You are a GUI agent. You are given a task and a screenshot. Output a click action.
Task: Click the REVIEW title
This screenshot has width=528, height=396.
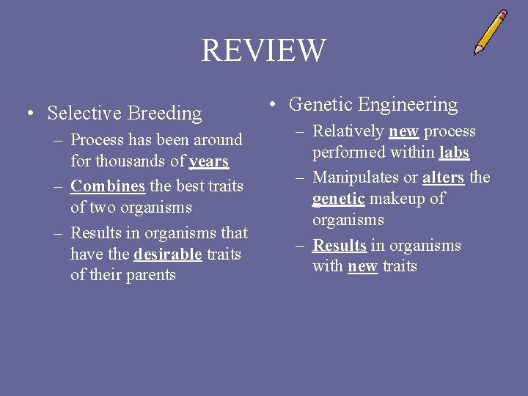[x=263, y=51]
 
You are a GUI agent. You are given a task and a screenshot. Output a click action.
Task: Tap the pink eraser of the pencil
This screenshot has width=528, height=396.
[x=502, y=14]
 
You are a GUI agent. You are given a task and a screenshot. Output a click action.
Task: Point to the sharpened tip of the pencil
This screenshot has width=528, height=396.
[x=476, y=52]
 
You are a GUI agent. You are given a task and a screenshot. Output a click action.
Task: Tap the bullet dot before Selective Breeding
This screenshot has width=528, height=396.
[x=29, y=114]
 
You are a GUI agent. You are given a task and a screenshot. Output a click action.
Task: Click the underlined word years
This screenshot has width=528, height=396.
[x=208, y=161]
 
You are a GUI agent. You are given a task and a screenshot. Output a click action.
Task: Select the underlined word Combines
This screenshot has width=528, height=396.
[x=108, y=186]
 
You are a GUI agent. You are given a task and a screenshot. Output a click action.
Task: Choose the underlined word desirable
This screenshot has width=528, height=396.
[x=168, y=254]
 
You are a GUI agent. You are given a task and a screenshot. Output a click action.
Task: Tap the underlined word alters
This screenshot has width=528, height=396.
[x=443, y=177]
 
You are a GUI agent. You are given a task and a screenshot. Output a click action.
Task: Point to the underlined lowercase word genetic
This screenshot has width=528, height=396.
[x=339, y=198]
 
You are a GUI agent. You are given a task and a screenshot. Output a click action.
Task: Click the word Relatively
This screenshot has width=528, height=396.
[x=348, y=131]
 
